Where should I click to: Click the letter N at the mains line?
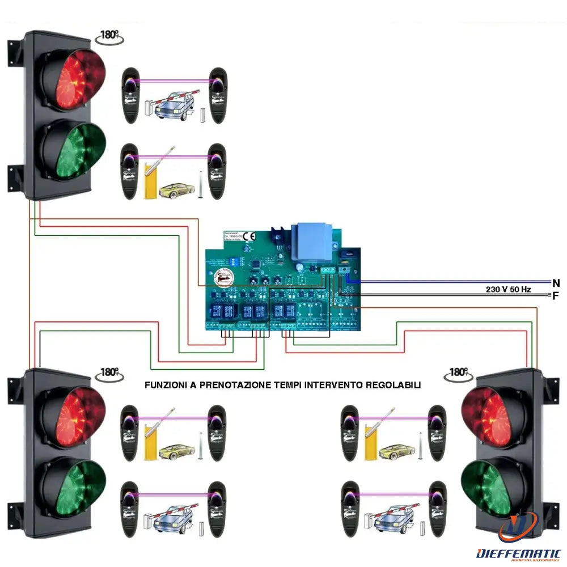point(556,282)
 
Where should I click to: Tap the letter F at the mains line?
point(556,295)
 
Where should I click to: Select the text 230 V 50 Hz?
point(508,289)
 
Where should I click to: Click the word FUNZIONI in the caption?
point(165,385)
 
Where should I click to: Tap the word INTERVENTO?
point(334,385)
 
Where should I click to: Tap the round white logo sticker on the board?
point(222,277)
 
